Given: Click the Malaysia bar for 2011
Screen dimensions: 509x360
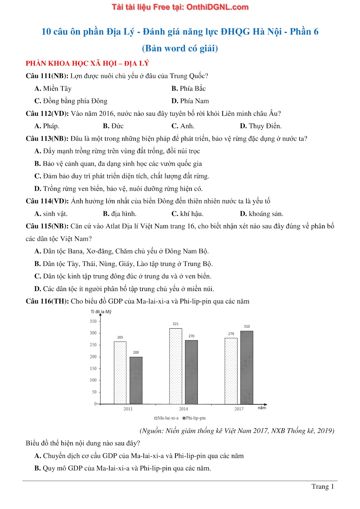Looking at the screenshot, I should point(120,373).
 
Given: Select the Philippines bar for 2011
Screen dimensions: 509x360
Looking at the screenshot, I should point(136,380).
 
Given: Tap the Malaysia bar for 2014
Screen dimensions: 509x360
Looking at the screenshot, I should point(176,366).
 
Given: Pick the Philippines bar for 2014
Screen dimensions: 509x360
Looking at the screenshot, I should point(191,372).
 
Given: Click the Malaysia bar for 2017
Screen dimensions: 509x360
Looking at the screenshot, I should point(231,371).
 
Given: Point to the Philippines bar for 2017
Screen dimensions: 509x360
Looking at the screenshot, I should point(247,367).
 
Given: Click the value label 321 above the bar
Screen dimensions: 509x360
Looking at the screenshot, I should point(176,324).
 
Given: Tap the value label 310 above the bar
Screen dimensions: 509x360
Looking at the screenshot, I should point(247,326).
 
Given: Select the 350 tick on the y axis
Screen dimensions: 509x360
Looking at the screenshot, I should point(93,321).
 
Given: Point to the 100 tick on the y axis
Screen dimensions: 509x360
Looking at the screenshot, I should point(93,380).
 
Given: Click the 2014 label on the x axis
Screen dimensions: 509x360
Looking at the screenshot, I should point(183,409).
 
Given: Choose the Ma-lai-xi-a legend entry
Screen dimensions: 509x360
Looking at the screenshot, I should point(167,418).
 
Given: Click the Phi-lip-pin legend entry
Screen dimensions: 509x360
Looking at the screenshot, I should point(194,418).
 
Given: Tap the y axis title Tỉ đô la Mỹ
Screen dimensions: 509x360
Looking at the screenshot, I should point(101,312).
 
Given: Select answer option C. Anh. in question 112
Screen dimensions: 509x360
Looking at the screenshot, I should point(183,126).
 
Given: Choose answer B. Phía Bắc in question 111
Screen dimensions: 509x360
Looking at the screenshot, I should point(189,88).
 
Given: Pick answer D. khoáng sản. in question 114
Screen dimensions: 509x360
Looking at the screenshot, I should point(261,214).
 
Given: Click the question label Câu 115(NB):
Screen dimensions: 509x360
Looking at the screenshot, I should point(47,226).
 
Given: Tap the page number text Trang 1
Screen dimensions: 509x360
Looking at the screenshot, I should point(322,486).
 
